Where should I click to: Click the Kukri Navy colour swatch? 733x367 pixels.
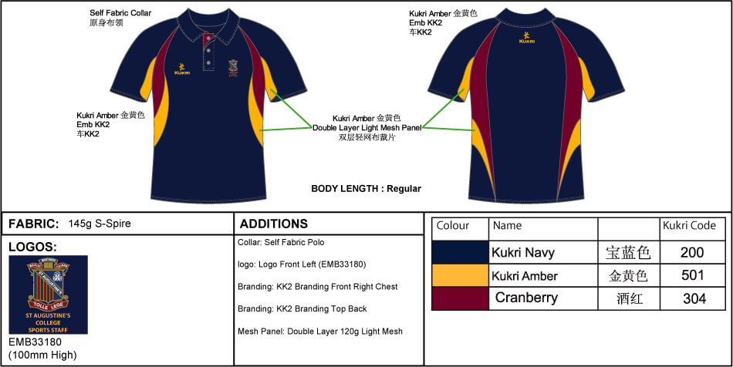[460, 252]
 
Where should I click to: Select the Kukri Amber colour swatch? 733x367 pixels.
[460, 275]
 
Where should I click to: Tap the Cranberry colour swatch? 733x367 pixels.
[460, 298]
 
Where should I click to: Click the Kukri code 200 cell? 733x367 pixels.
[692, 252]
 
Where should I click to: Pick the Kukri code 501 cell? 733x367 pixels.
[692, 275]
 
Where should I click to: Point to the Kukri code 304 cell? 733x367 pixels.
[692, 298]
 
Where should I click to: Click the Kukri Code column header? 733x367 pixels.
[689, 226]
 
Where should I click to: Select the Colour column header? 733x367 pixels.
[453, 226]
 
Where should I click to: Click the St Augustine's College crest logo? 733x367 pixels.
[48, 295]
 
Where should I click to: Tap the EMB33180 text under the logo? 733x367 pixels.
[35, 342]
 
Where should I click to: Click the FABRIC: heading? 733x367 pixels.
[34, 224]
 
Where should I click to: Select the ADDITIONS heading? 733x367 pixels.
[274, 224]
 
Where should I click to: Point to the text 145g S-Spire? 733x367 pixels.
[100, 224]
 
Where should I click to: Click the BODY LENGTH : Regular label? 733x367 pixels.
[366, 189]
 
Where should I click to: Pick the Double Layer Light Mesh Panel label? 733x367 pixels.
[367, 127]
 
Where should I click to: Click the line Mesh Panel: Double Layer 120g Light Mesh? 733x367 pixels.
[320, 332]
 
